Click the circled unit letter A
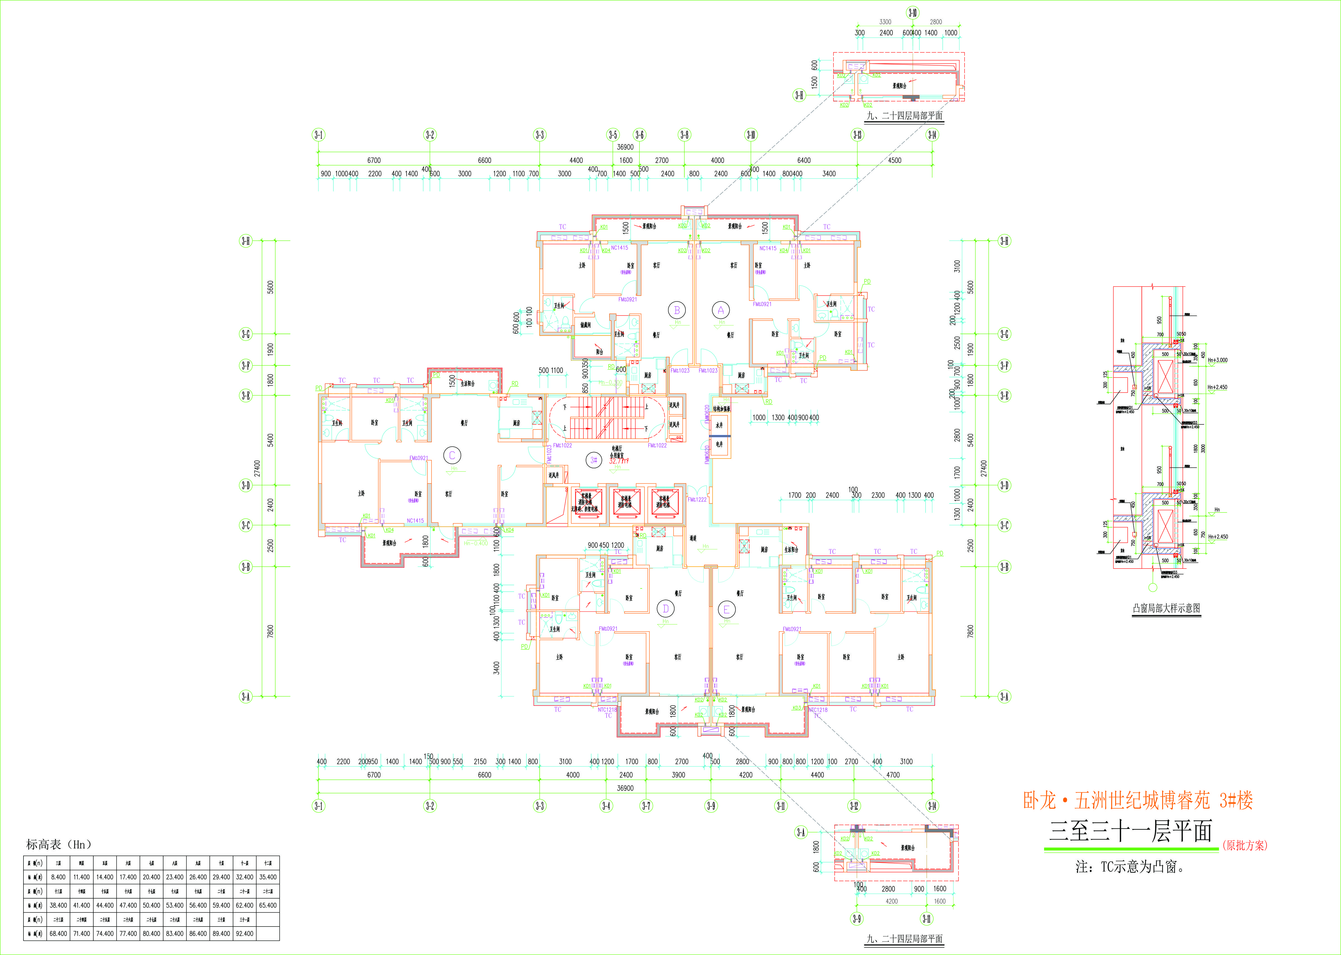[x=721, y=310]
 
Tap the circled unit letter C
[x=452, y=455]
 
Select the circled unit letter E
[x=726, y=610]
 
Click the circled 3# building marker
[x=594, y=460]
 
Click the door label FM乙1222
[x=697, y=499]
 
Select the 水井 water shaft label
[x=719, y=425]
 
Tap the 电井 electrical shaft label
[x=719, y=445]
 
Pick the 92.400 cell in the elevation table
[x=245, y=933]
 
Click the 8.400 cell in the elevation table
[x=58, y=877]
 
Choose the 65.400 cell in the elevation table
[x=268, y=905]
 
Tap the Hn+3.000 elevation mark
[x=1217, y=360]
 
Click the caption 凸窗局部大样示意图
[x=1166, y=608]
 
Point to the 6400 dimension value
[x=803, y=160]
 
